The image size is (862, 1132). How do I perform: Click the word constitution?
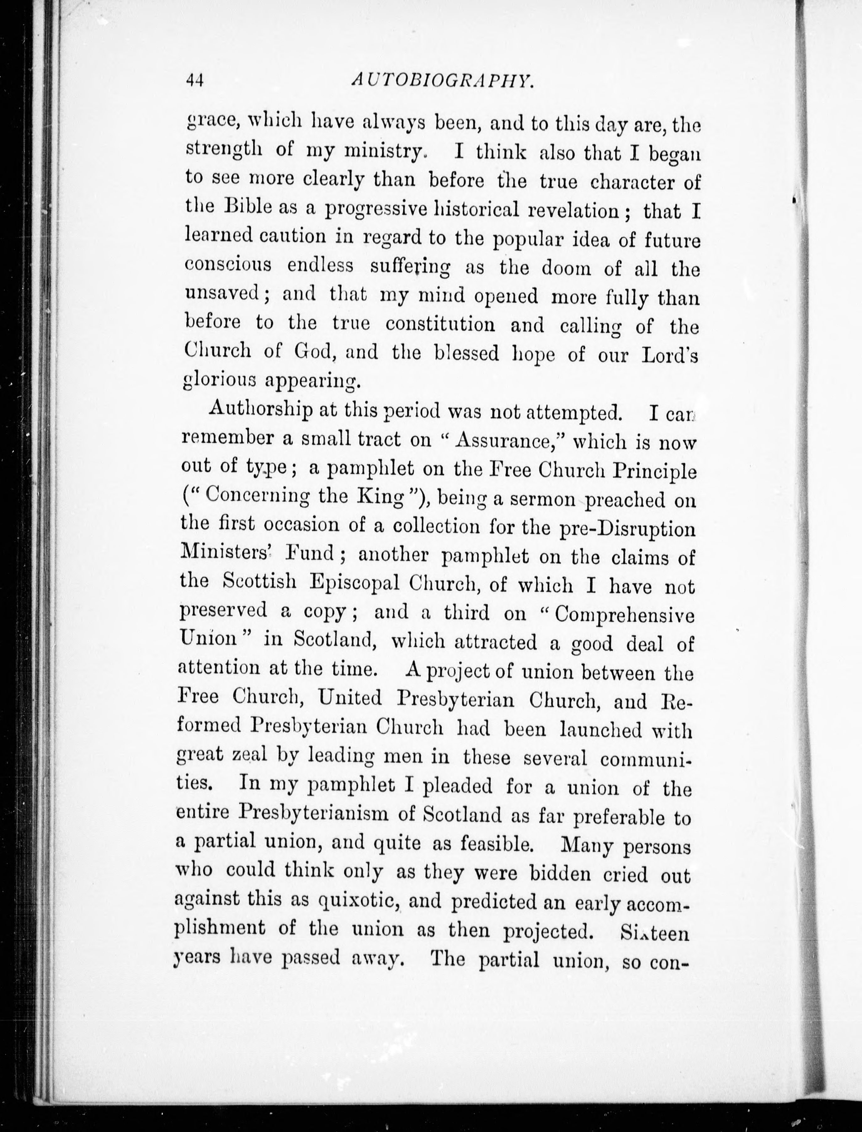click(x=440, y=324)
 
